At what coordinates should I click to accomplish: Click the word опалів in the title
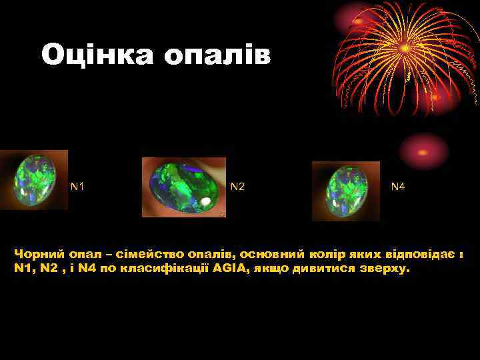click(217, 55)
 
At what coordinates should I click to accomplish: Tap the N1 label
click(78, 187)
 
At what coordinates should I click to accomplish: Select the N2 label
click(237, 187)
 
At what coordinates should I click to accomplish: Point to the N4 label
click(398, 187)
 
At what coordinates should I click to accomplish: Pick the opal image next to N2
click(184, 187)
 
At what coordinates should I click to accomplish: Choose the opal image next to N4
click(346, 191)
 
